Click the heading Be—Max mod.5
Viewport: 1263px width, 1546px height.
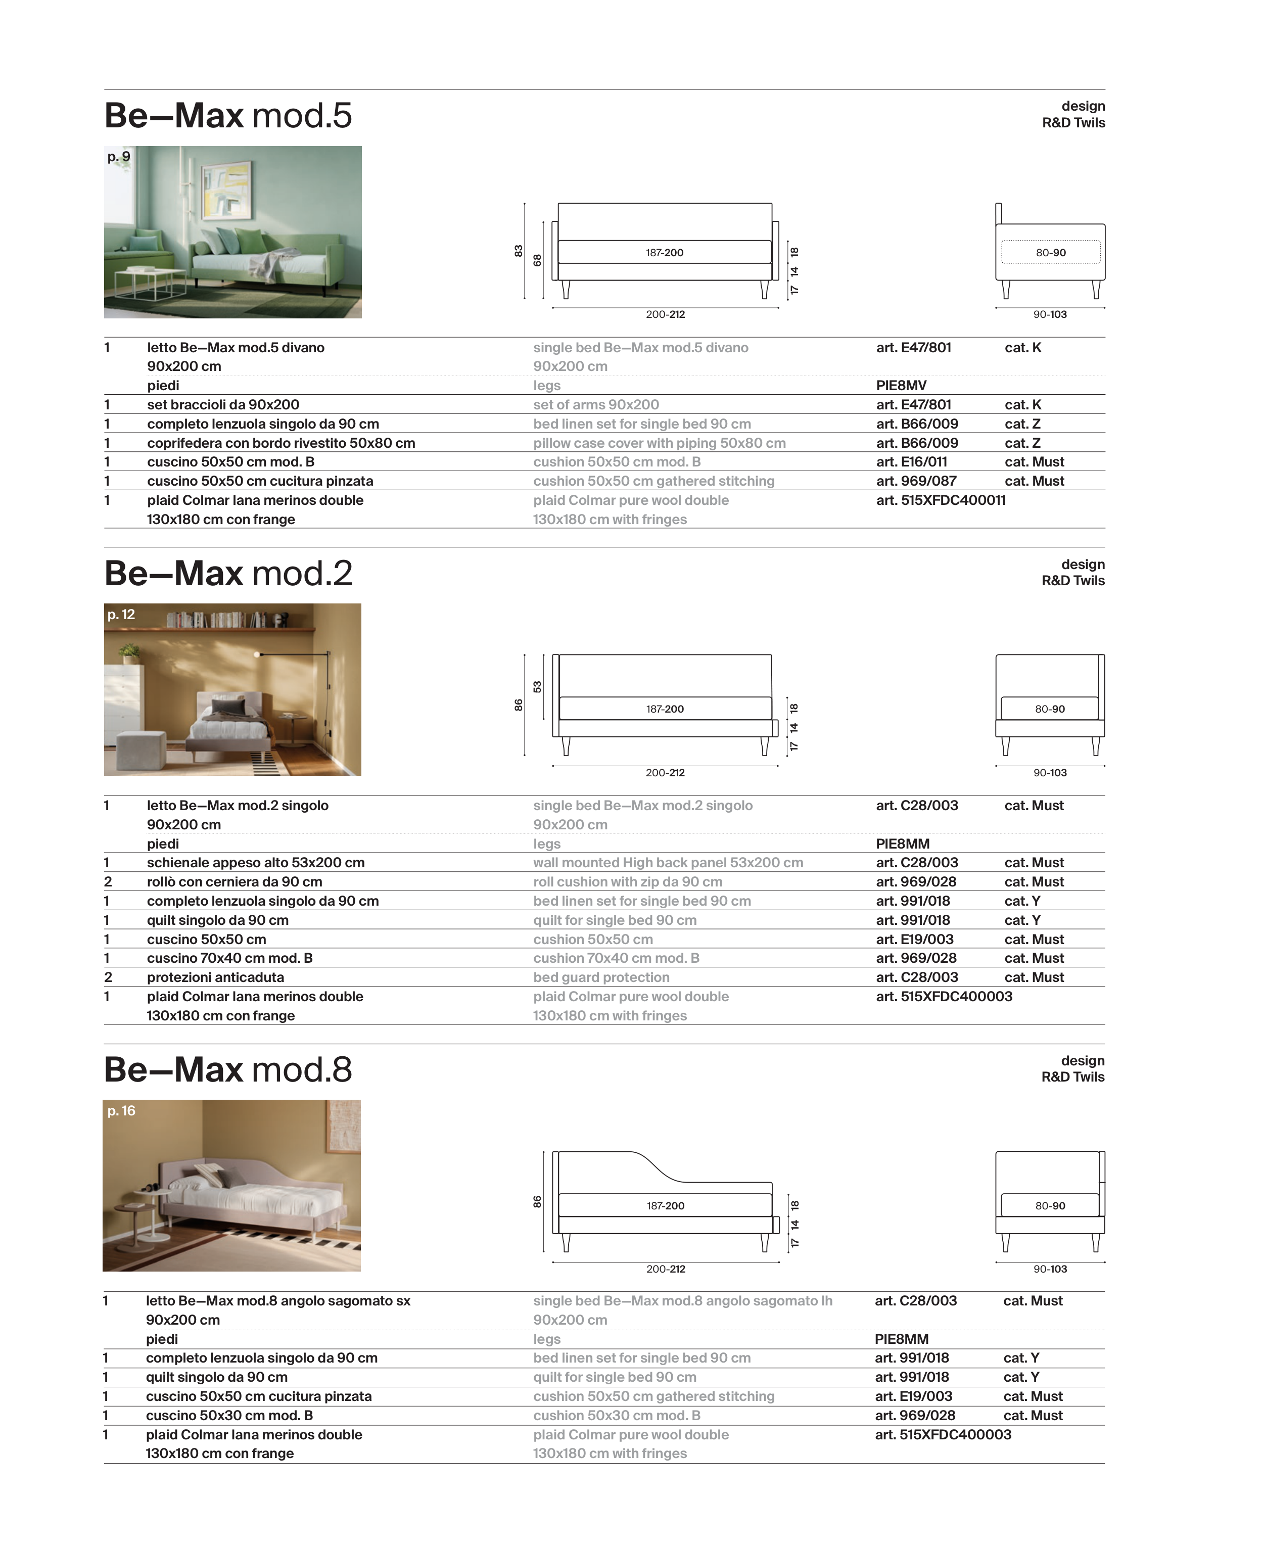point(228,116)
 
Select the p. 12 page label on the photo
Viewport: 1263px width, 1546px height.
point(121,615)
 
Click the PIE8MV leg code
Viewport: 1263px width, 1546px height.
point(901,386)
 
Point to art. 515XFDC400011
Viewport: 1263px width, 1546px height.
point(940,500)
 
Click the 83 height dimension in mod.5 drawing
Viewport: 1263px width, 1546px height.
point(518,251)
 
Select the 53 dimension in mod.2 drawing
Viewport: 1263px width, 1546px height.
point(537,687)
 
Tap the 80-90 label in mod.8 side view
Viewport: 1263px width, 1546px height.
point(1050,1205)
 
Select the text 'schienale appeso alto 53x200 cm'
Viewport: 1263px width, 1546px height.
point(255,863)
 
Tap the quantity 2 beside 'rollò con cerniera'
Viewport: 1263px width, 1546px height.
point(108,882)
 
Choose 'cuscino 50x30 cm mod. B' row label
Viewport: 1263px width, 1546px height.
point(229,1416)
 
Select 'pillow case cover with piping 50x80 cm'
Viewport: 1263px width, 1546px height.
point(659,443)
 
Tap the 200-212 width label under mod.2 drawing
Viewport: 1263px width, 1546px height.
point(665,773)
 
